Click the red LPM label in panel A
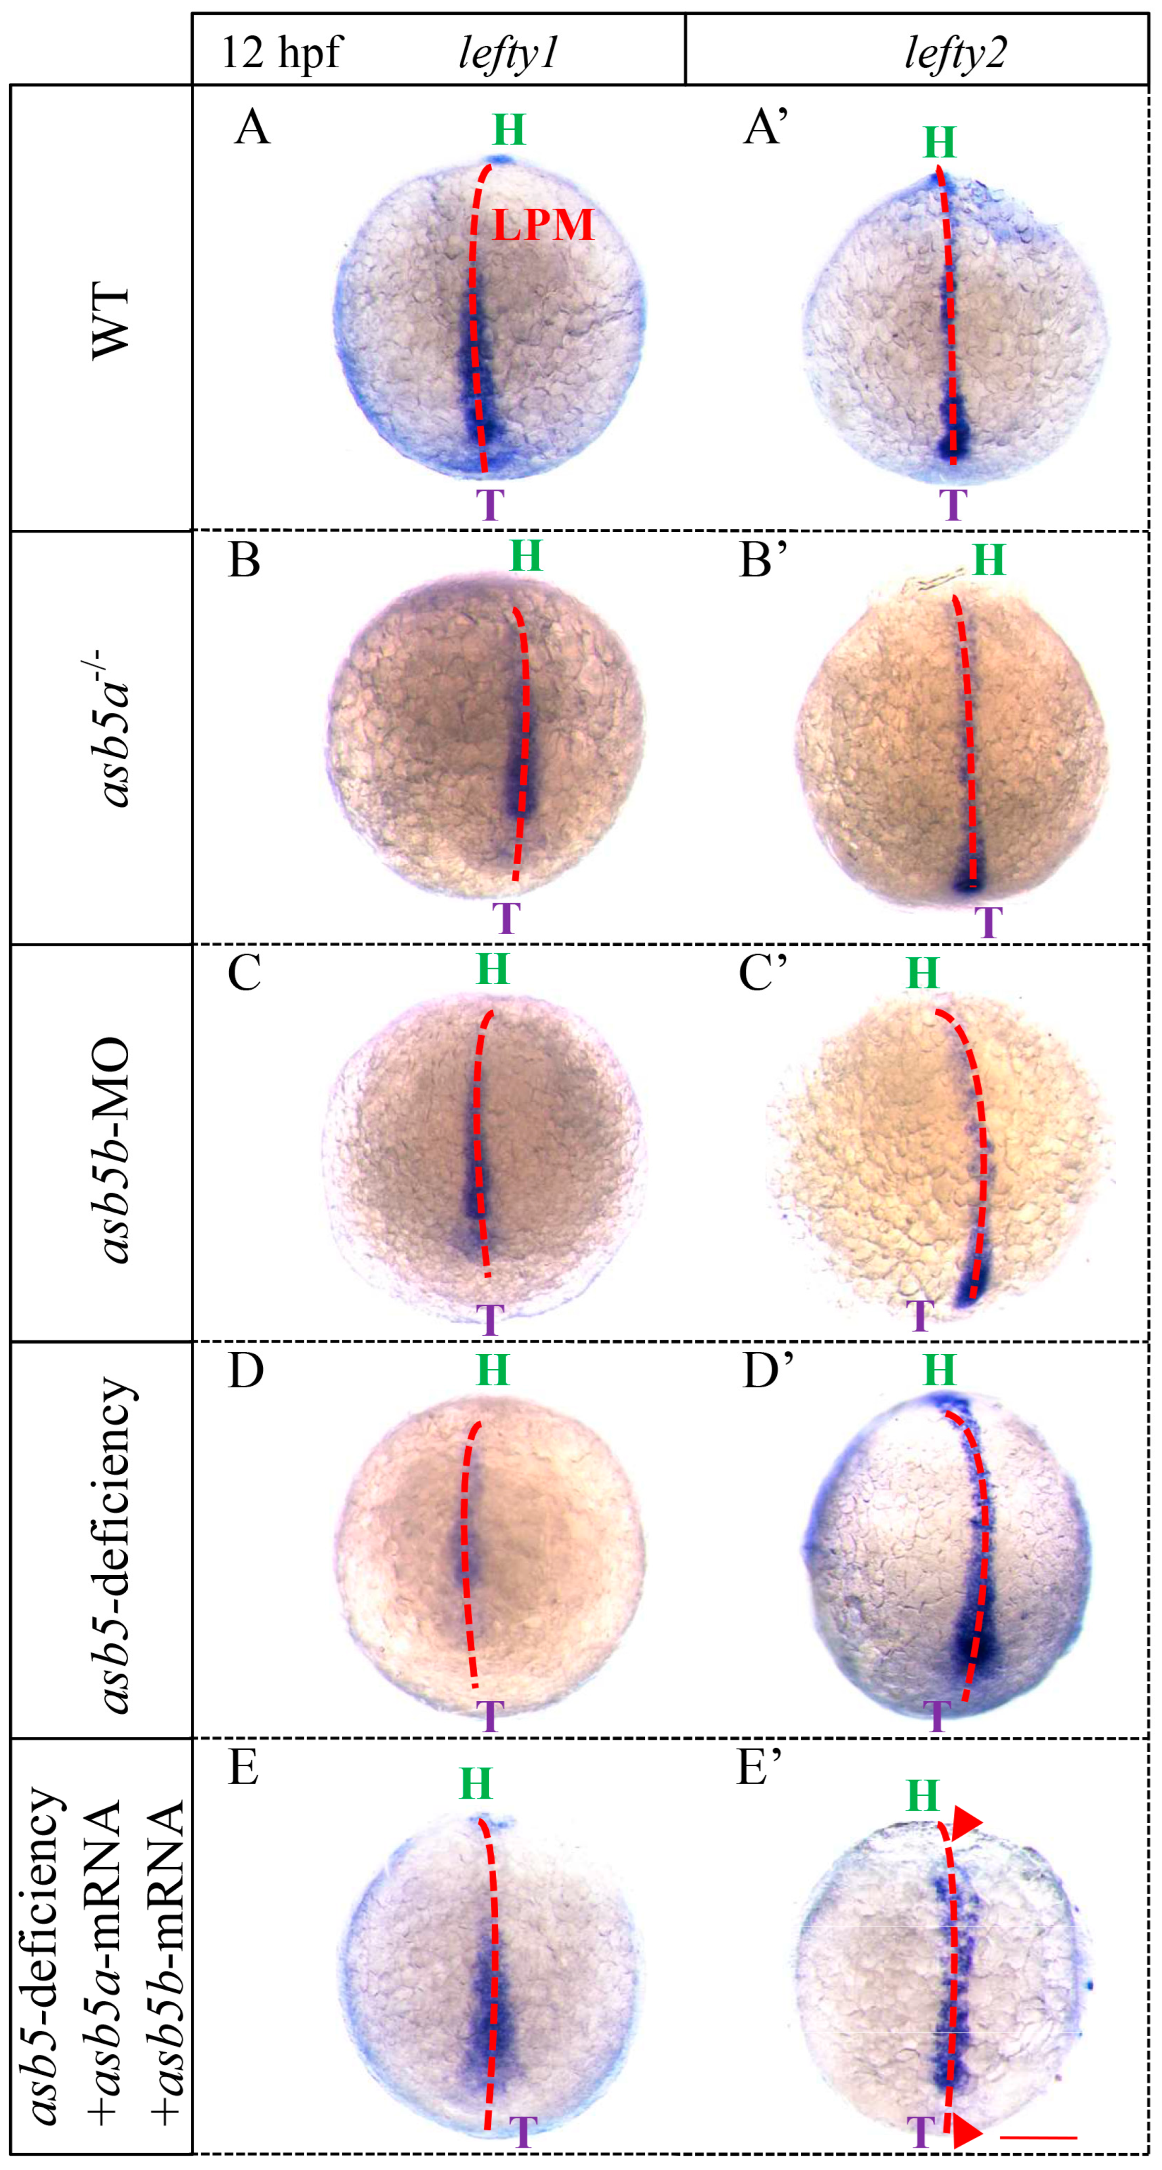543,225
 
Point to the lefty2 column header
955,53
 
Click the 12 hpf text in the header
281,53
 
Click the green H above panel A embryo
509,130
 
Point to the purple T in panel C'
921,1315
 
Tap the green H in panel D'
940,1370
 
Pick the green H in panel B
526,556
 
